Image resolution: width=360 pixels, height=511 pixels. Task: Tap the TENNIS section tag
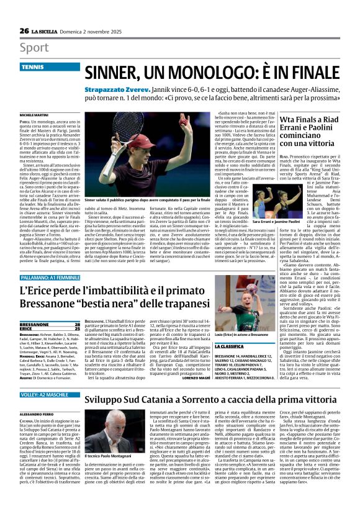[x=32, y=66]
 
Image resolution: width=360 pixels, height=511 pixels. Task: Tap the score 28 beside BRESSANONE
[x=77, y=324]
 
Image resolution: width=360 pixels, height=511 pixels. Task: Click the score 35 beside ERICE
[x=77, y=329]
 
